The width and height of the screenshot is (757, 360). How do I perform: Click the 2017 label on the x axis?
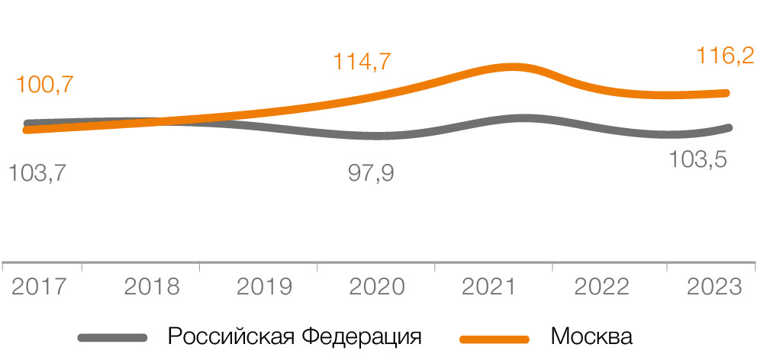point(39,288)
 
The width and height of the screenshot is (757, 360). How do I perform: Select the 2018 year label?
point(151,288)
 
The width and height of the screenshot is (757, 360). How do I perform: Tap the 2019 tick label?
point(264,288)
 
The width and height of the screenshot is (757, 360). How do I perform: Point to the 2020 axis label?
point(377,288)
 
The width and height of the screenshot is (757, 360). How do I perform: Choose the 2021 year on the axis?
point(490,288)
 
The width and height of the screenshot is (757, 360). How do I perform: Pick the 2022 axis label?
point(601,288)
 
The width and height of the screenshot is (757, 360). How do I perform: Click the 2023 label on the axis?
point(714,288)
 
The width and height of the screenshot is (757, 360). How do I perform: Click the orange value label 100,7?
point(44,85)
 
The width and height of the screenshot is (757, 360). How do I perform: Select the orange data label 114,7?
point(362,62)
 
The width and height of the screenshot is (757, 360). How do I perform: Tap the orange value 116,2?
point(725,56)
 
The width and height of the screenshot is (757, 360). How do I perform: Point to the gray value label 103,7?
point(37,172)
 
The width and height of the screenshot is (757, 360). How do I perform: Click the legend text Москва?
point(591,336)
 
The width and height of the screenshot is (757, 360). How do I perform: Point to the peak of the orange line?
point(516,67)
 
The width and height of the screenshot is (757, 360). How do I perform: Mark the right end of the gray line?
point(729,127)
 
